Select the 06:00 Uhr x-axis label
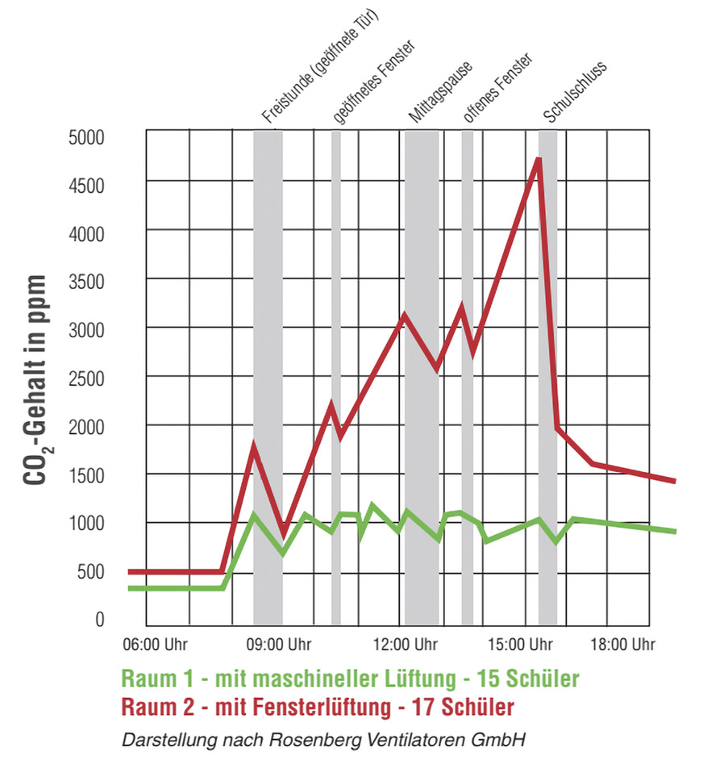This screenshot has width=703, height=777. [x=156, y=645]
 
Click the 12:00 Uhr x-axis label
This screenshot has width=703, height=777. [x=406, y=645]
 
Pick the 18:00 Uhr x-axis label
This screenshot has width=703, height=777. [x=623, y=645]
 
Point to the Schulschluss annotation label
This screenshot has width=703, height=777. [x=574, y=92]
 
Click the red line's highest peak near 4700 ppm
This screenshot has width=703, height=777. [x=538, y=159]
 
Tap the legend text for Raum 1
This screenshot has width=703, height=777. [x=351, y=678]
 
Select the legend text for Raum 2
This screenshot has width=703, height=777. [x=318, y=707]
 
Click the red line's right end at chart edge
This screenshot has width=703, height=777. [x=674, y=481]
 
